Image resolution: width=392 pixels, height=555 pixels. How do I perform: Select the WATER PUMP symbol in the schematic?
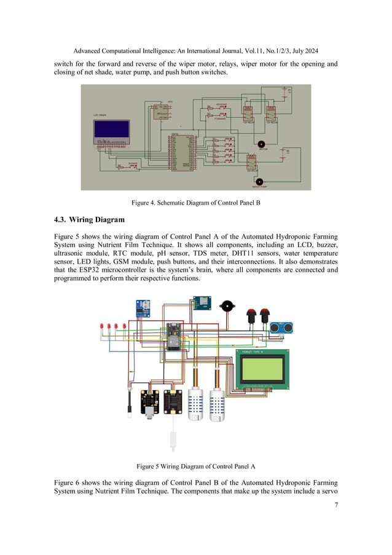click(x=259, y=182)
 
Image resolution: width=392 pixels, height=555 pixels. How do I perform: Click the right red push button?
click(x=265, y=316)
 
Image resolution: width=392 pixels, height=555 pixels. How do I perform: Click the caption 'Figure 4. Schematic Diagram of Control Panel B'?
click(x=195, y=202)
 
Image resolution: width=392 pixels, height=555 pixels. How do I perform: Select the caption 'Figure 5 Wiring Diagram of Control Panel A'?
click(x=196, y=465)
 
